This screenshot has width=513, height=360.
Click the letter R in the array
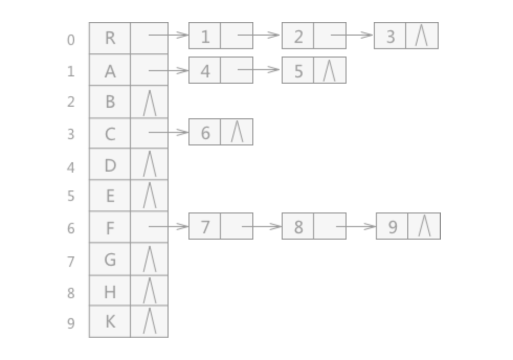[x=110, y=38]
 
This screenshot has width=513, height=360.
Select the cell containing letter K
[x=110, y=322]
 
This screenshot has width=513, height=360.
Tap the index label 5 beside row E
[x=71, y=196]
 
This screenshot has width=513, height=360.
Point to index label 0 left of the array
[x=71, y=40]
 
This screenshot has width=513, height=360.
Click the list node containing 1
[x=221, y=36]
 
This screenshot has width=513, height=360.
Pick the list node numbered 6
[x=221, y=132]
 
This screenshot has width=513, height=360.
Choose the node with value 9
[x=408, y=226]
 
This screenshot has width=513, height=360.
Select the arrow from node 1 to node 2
[x=259, y=35]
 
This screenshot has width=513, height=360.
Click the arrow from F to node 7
[x=169, y=226]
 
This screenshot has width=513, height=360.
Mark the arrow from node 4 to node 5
[x=259, y=69]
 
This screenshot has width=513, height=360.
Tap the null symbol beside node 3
[x=421, y=35]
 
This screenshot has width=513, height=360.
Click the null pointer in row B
[x=150, y=103]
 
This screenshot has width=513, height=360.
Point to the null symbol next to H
[x=150, y=290]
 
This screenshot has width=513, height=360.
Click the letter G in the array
[x=110, y=260]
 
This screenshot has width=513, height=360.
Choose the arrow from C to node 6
[x=169, y=132]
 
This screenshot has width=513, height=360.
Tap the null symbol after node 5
[x=329, y=70]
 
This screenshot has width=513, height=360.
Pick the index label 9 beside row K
[x=71, y=323]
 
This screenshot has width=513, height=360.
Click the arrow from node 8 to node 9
[x=356, y=226]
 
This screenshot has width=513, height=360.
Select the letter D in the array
[x=110, y=165]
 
